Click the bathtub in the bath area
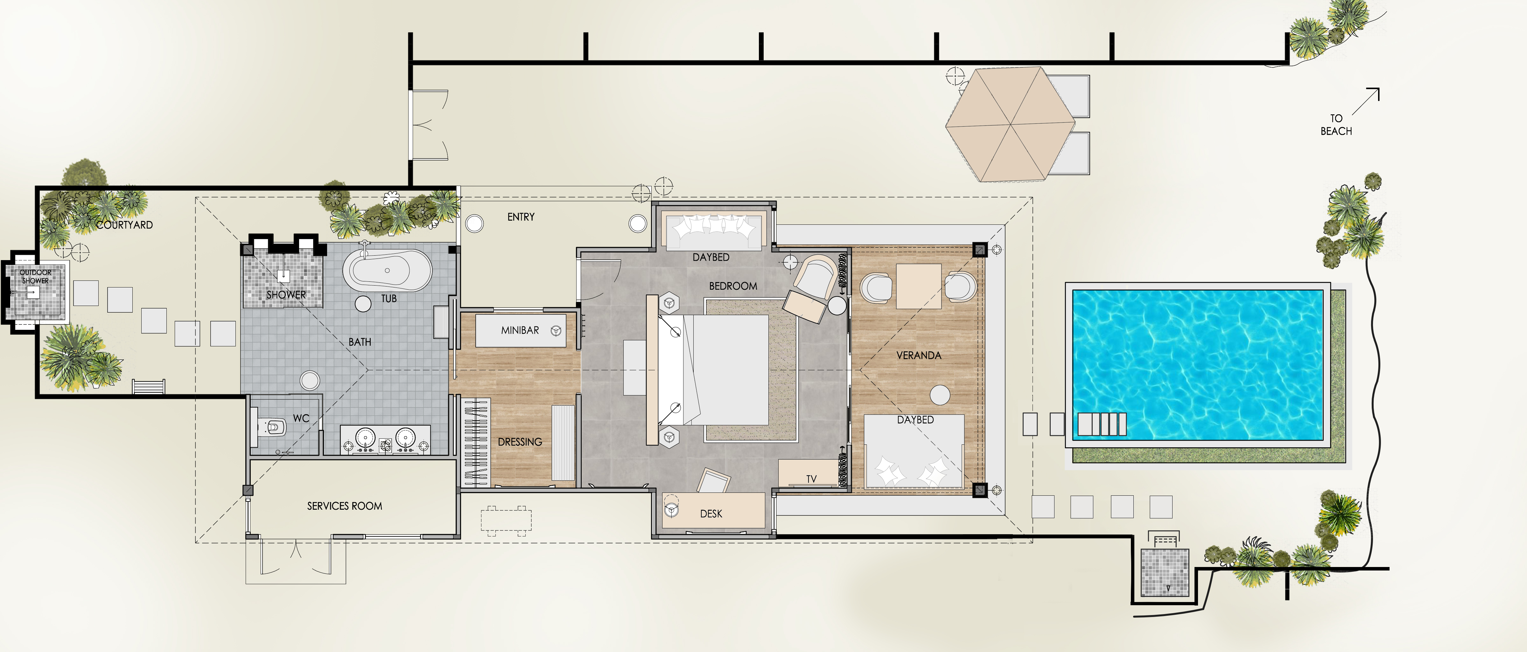tap(387, 271)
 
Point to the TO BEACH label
tap(1336, 124)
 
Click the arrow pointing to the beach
tap(1366, 101)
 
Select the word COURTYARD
tap(124, 225)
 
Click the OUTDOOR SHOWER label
tap(36, 276)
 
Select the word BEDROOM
tap(733, 286)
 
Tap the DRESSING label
tap(520, 442)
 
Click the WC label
tap(301, 418)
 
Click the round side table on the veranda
tap(940, 394)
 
